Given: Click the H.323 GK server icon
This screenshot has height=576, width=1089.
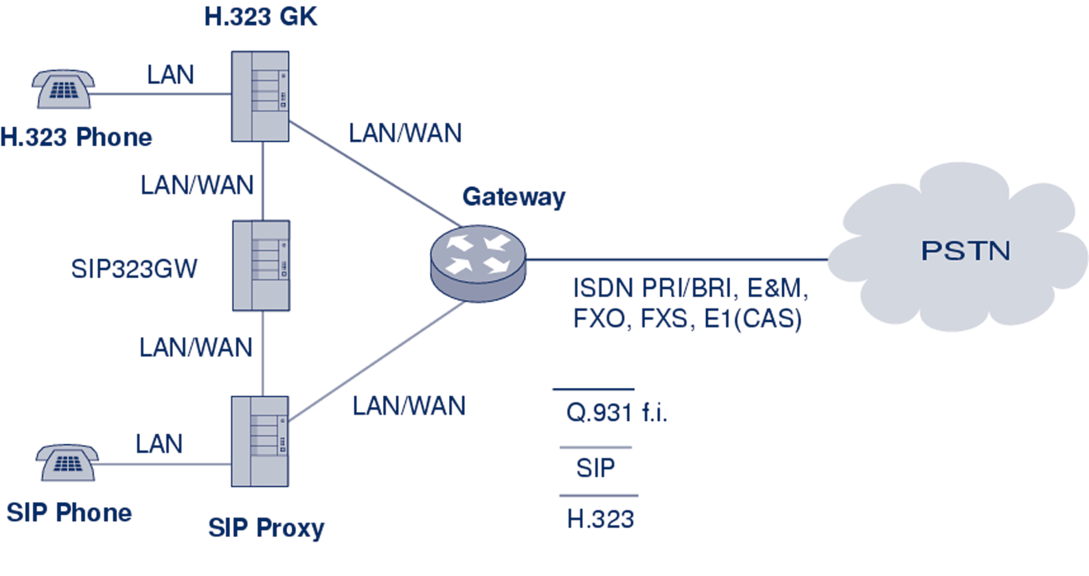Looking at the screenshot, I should click(260, 97).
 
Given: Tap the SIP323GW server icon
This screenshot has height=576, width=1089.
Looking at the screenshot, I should click(261, 266).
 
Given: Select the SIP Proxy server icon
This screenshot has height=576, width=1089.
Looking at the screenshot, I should click(260, 441).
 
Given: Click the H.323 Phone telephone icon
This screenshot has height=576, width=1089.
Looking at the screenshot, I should click(63, 89).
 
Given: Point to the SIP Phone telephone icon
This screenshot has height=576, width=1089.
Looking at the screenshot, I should click(67, 463).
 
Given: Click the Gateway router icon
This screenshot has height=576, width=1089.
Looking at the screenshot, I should click(478, 263).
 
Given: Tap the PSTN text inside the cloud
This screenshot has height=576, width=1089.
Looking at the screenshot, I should click(965, 251).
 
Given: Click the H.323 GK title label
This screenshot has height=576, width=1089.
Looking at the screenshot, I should click(261, 16).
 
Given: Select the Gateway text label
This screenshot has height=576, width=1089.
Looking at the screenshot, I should click(514, 197).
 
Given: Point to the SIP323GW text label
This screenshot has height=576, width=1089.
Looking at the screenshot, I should click(135, 268).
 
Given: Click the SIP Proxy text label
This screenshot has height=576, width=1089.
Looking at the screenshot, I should click(266, 528).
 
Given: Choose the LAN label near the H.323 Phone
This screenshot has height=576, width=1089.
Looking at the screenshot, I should click(170, 74).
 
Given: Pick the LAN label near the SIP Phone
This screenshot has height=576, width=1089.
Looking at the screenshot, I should click(159, 443).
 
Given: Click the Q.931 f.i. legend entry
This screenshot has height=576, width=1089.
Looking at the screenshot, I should click(617, 413).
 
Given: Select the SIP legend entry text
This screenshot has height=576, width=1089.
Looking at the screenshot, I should click(595, 468).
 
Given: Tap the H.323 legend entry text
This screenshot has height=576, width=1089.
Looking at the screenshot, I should click(600, 519).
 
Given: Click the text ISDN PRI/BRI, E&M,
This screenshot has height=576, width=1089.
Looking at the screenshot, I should click(690, 288).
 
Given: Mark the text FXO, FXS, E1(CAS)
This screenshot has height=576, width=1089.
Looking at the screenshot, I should click(687, 319).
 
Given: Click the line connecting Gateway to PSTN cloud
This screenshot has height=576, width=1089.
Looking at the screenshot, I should click(676, 260).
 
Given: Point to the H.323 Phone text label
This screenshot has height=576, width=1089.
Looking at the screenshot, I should click(76, 137).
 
